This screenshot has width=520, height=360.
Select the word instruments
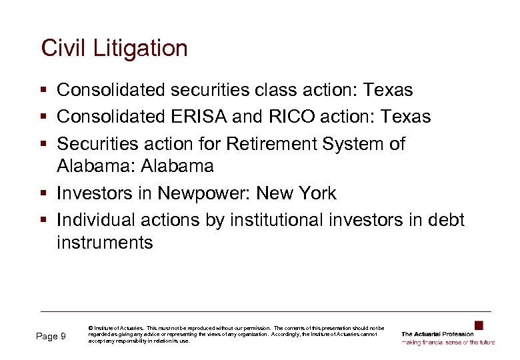(x=105, y=242)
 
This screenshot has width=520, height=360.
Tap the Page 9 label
(x=50, y=337)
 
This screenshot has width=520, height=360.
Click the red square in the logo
(x=479, y=325)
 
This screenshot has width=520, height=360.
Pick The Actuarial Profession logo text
(x=438, y=334)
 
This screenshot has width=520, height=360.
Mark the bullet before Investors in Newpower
(x=44, y=194)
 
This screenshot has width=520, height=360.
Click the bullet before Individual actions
(x=44, y=221)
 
